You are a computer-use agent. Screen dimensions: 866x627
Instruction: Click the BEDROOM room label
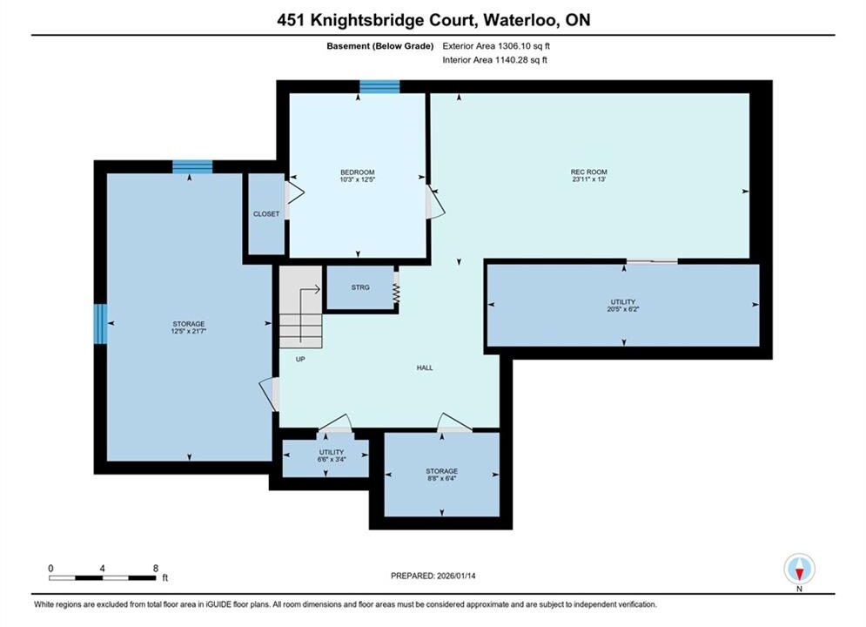(358, 172)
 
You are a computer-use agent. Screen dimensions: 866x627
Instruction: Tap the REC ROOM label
(588, 172)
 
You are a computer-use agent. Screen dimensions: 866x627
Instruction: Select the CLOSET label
(266, 213)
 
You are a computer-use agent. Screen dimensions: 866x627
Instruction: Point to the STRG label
(360, 287)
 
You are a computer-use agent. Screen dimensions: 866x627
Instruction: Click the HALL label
(425, 367)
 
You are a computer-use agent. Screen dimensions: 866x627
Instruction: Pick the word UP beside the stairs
(300, 359)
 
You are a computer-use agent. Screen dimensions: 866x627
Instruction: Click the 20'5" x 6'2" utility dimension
(623, 309)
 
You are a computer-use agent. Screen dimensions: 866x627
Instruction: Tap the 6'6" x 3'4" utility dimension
(332, 459)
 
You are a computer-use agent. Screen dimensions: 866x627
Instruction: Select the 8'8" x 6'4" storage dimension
(442, 478)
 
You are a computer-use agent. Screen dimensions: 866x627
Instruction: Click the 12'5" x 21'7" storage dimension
(189, 331)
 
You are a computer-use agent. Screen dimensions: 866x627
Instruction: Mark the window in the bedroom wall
(379, 87)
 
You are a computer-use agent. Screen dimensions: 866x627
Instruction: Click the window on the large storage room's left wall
(100, 324)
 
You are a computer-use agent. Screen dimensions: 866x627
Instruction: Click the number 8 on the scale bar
(156, 568)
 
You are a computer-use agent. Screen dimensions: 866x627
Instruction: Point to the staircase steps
(300, 307)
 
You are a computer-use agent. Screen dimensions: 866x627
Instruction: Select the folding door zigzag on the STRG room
(396, 293)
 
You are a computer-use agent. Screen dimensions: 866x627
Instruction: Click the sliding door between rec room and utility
(652, 260)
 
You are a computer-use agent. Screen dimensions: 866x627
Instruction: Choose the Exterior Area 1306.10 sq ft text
(496, 46)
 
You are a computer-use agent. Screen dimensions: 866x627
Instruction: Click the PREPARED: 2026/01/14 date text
(433, 576)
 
